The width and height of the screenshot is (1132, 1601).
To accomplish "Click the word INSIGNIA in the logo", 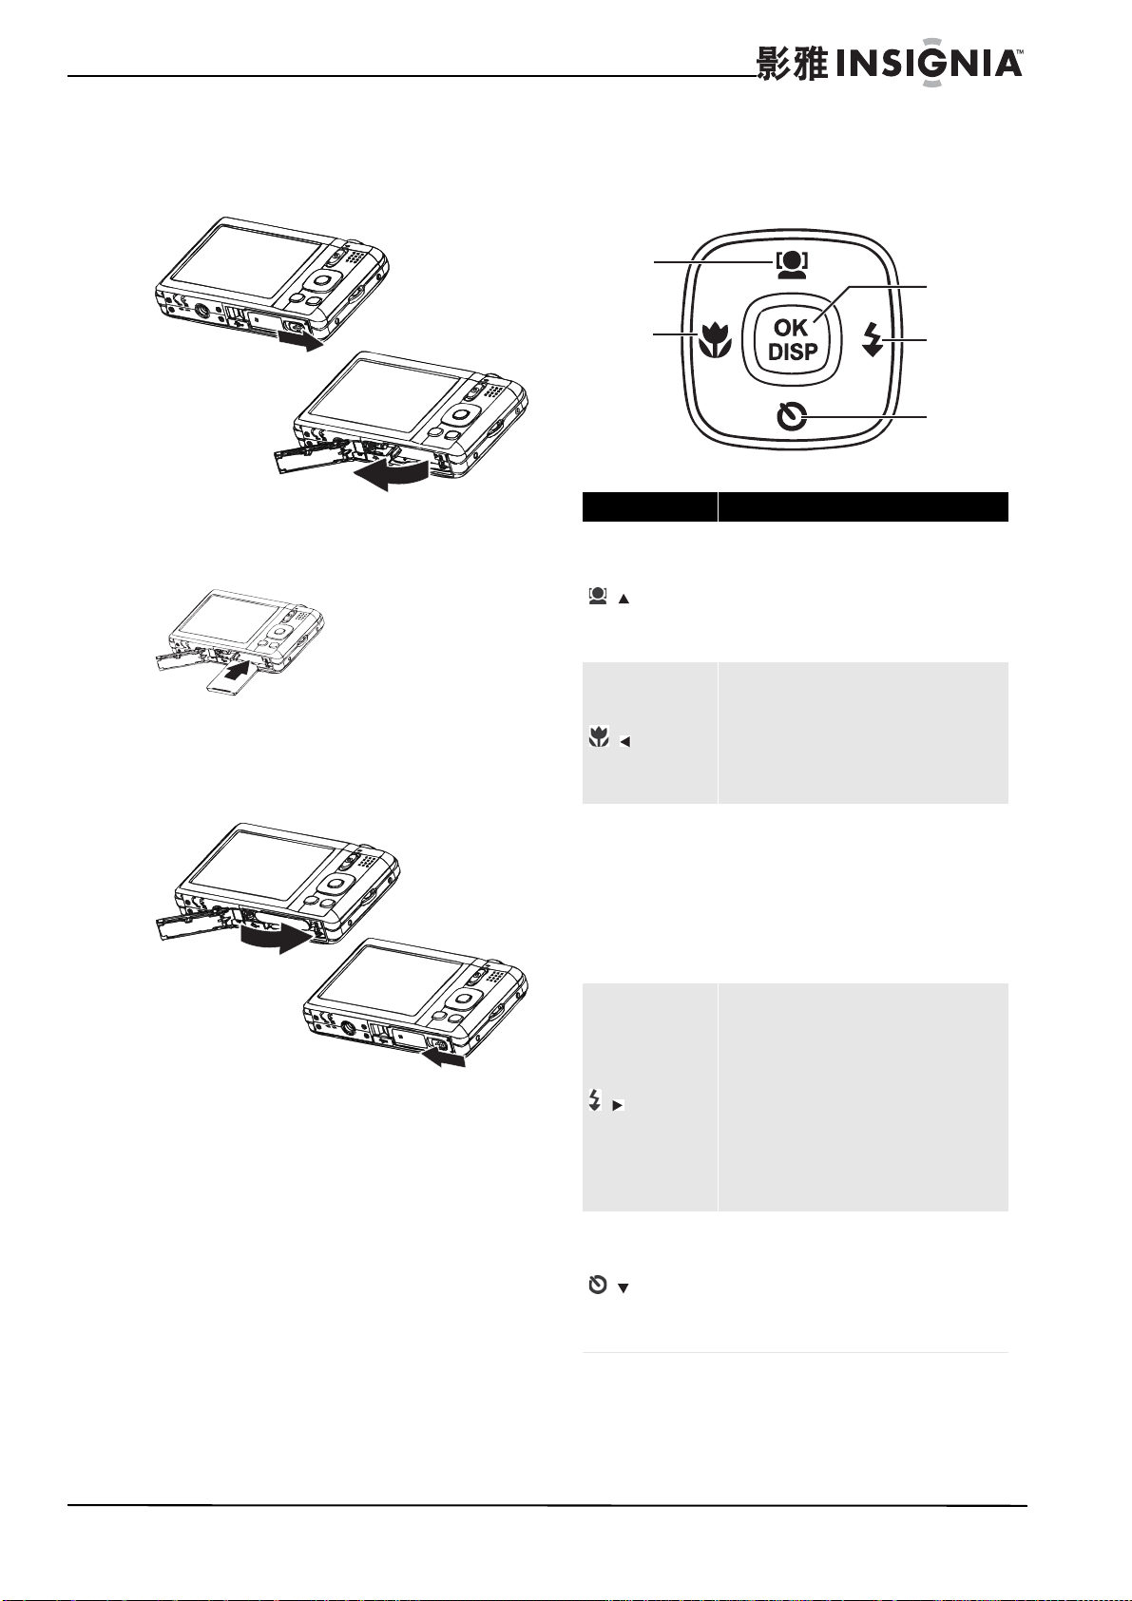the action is [x=929, y=65].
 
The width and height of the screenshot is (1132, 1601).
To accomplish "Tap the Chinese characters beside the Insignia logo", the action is [x=793, y=65].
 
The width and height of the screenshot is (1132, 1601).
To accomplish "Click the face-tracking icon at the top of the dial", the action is [x=791, y=264].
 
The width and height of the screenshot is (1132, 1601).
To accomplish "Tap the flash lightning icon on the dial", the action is [x=873, y=339].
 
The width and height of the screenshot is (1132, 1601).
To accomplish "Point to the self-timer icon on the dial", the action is [x=793, y=417].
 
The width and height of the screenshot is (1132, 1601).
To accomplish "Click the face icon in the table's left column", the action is [x=597, y=596].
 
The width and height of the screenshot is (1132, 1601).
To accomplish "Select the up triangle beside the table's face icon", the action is [x=624, y=600].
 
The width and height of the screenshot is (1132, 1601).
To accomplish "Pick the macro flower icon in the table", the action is [x=599, y=736].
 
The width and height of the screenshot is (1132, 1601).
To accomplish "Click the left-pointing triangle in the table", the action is [x=624, y=742].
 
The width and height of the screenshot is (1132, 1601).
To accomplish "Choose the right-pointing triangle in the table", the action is [x=619, y=1105].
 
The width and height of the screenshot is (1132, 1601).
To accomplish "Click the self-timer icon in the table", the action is [x=598, y=1286].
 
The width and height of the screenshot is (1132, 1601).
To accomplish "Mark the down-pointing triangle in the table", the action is [x=623, y=1288].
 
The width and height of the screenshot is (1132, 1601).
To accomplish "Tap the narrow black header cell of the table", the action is [x=650, y=506].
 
